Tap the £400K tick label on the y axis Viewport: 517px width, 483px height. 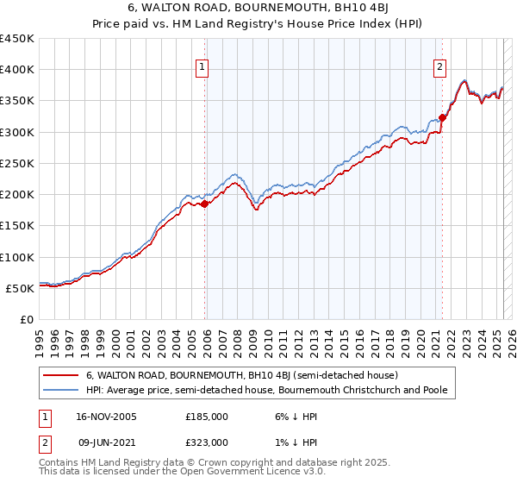(17, 70)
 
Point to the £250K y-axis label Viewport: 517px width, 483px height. (17, 163)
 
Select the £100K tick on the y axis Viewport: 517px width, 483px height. (17, 257)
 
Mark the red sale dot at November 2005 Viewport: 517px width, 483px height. (205, 204)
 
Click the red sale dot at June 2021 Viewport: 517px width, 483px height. (442, 117)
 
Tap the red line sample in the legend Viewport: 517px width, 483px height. (60, 376)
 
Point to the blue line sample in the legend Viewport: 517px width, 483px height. (60, 391)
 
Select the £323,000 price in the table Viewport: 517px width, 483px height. (207, 442)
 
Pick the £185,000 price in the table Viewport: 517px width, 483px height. (207, 417)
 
